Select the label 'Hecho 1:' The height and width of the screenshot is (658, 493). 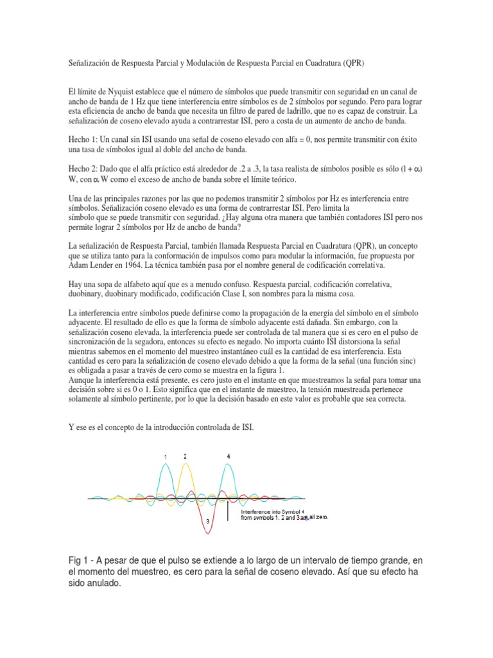[83, 139]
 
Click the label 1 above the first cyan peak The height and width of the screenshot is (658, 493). [166, 457]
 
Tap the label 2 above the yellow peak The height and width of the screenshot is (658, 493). [185, 456]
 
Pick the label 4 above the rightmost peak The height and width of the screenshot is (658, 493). [229, 456]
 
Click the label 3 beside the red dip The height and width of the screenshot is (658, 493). [207, 524]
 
